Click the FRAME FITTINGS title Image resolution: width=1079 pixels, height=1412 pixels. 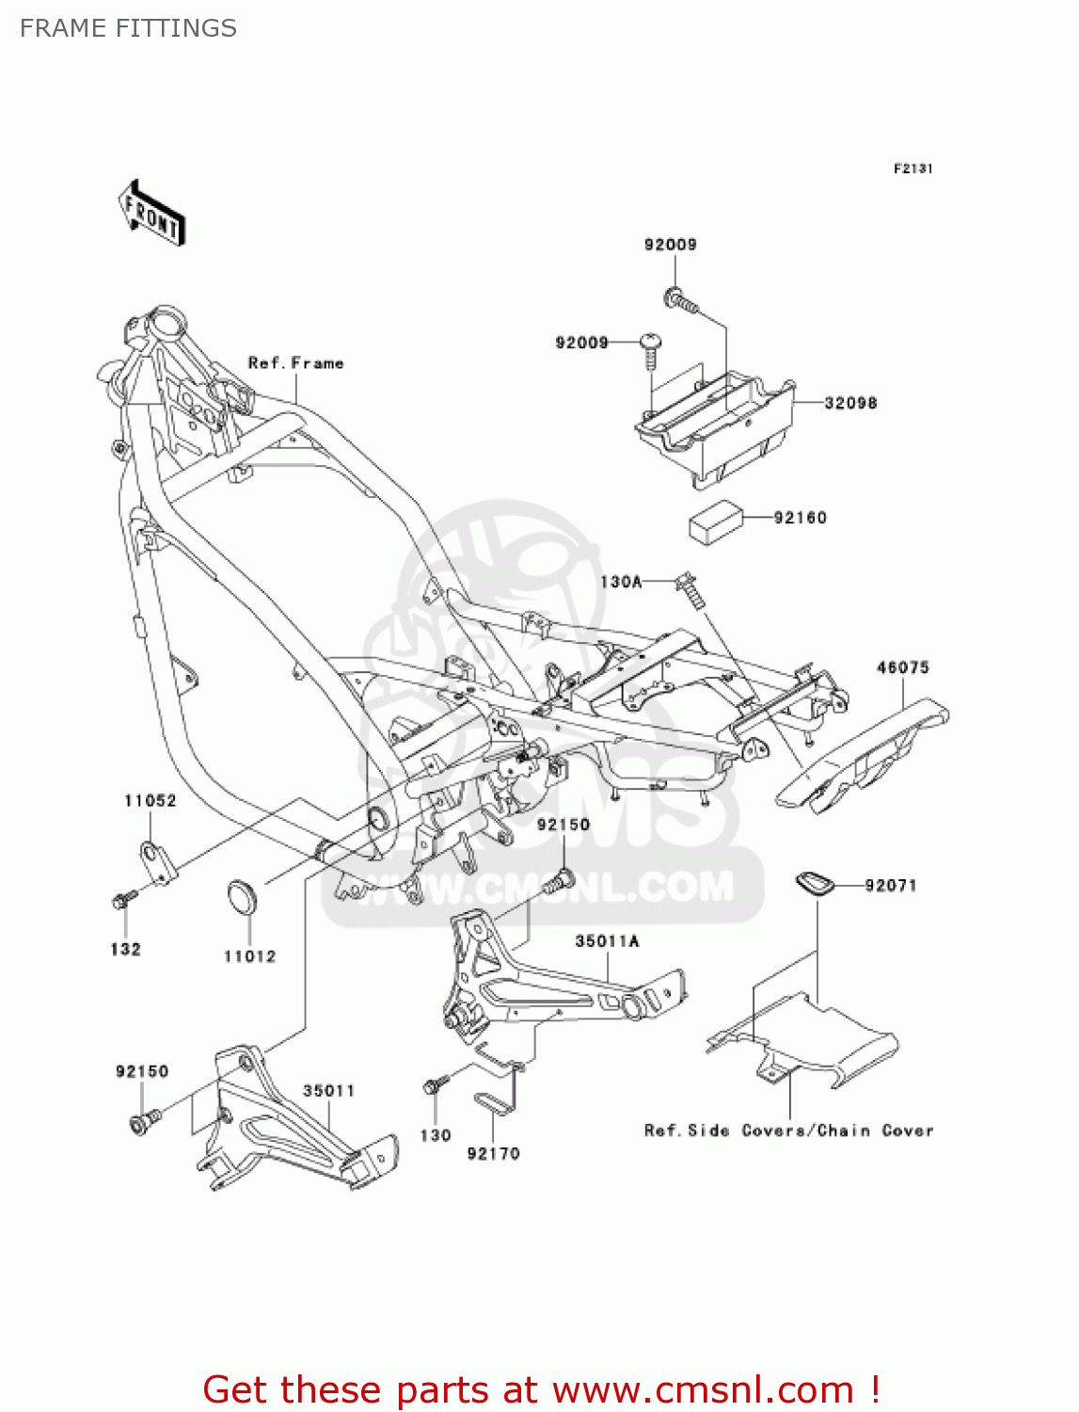128,28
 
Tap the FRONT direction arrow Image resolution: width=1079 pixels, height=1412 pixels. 151,214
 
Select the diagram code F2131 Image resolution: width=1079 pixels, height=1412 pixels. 912,168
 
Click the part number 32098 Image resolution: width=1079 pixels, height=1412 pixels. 850,403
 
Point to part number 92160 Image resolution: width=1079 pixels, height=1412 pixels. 800,518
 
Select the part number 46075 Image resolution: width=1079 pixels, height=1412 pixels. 902,667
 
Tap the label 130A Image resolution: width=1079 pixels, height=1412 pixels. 621,582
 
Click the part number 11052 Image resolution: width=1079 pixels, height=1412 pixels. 151,800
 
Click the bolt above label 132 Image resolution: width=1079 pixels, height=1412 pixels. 124,899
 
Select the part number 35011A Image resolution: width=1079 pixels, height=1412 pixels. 607,940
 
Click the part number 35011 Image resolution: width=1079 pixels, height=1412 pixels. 328,1090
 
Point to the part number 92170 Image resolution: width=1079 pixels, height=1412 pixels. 493,1153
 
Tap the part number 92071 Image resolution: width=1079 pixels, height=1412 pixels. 890,885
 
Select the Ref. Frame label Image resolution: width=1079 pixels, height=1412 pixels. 295,363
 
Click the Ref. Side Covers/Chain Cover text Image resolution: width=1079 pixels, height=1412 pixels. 788,1131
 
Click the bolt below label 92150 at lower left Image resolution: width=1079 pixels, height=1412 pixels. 144,1121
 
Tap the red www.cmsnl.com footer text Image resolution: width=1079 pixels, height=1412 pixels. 541,1389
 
